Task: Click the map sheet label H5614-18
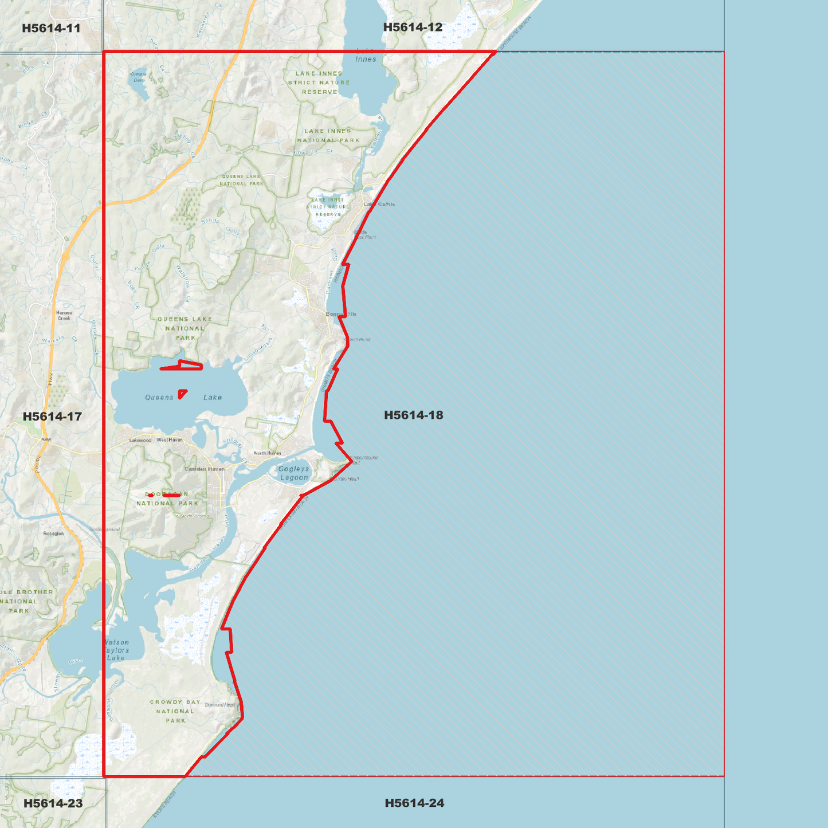click(x=413, y=415)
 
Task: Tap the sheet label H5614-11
click(x=51, y=28)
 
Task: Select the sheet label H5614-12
click(x=413, y=27)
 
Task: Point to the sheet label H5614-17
click(x=52, y=417)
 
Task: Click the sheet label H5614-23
click(x=53, y=803)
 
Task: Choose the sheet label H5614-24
click(x=414, y=803)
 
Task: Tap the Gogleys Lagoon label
click(x=294, y=473)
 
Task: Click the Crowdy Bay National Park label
click(x=175, y=711)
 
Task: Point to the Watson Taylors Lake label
click(x=117, y=650)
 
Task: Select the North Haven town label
click(x=268, y=453)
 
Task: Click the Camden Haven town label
click(x=205, y=469)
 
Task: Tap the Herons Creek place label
click(x=64, y=315)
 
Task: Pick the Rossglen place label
click(x=54, y=533)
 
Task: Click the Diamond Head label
click(x=220, y=705)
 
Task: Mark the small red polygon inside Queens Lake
click(x=182, y=394)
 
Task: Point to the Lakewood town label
click(x=140, y=440)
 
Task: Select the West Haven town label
click(x=170, y=440)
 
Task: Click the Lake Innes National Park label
click(x=328, y=135)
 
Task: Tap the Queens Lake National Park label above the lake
click(x=185, y=328)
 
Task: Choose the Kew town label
click(x=46, y=439)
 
